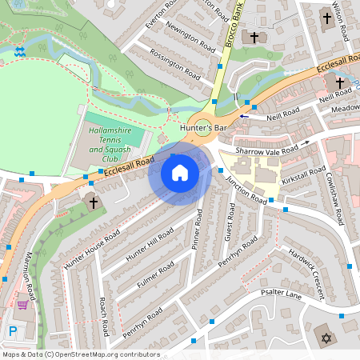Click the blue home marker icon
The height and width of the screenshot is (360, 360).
coord(180,173)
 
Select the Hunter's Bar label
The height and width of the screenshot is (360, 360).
coord(205,128)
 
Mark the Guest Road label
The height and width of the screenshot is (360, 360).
coord(230,220)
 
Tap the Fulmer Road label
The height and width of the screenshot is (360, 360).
coord(155,274)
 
